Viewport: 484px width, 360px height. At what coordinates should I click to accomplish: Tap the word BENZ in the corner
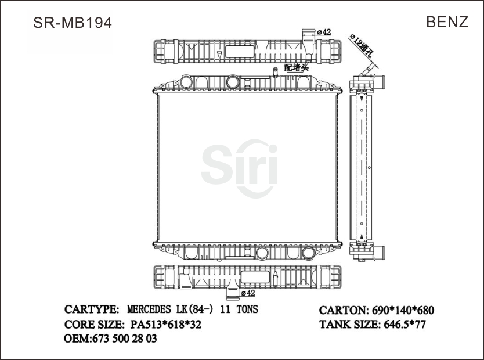pyautogui.click(x=447, y=22)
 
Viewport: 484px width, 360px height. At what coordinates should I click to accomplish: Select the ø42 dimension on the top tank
pyautogui.click(x=323, y=32)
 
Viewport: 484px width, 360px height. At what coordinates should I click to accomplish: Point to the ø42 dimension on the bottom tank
pyautogui.click(x=248, y=294)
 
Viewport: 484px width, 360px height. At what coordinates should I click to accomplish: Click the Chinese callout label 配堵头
pyautogui.click(x=296, y=68)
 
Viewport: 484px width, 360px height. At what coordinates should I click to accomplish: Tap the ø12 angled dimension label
pyautogui.click(x=361, y=45)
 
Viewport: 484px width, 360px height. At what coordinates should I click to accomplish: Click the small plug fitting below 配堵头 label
pyautogui.click(x=274, y=73)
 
